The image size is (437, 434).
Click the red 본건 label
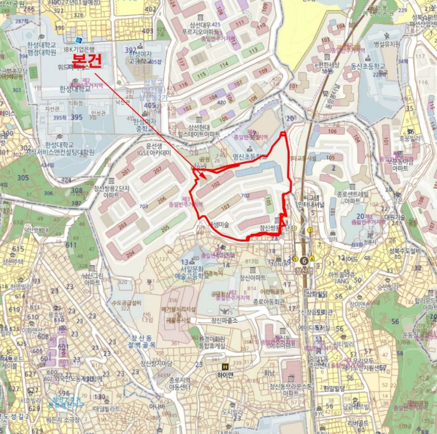(x=86, y=61)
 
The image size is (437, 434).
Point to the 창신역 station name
(x=303, y=270)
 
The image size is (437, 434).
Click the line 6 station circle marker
(x=304, y=261)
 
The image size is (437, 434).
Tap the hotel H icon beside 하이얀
(x=225, y=366)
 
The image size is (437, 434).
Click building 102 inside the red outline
(x=214, y=185)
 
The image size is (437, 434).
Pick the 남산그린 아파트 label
(x=92, y=278)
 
